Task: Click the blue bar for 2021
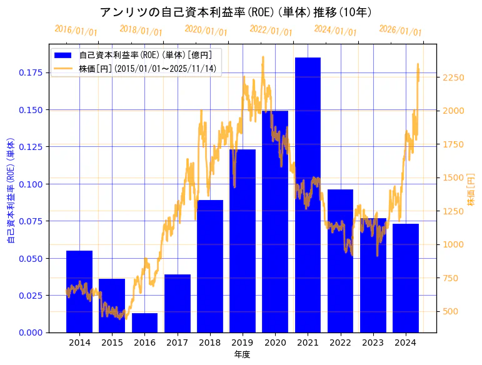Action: [x=308, y=194]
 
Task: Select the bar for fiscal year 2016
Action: [x=144, y=322]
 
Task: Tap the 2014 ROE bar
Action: [x=79, y=291]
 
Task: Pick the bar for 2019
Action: [x=243, y=241]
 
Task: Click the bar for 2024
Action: [x=406, y=277]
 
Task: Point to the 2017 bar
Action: [x=178, y=303]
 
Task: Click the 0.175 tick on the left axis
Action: [x=31, y=72]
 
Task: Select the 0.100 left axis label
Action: [x=31, y=184]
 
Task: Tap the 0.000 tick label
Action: [x=31, y=332]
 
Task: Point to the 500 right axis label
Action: [x=450, y=311]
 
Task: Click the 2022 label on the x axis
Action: [x=340, y=342]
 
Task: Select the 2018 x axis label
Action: [x=210, y=342]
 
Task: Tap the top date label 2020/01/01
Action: [x=206, y=30]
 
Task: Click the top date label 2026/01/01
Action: [x=401, y=30]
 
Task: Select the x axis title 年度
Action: [x=243, y=354]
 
